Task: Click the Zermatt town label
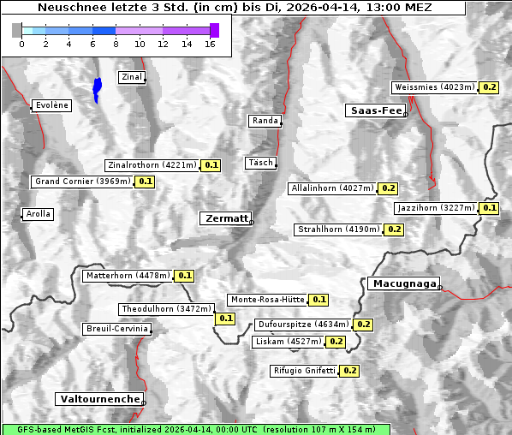(225, 218)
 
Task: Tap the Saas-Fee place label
(374, 110)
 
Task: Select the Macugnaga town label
(402, 283)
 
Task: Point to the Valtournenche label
(99, 399)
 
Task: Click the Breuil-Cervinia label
(116, 329)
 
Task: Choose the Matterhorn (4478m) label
(128, 276)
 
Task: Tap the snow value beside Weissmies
(490, 87)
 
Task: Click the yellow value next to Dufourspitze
(363, 325)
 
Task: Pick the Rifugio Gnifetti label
(304, 371)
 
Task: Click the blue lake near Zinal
(97, 88)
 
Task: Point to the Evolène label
(51, 105)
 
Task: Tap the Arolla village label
(38, 214)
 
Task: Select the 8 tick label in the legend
(116, 43)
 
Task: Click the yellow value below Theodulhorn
(225, 319)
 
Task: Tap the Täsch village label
(259, 163)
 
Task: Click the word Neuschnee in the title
(69, 8)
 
